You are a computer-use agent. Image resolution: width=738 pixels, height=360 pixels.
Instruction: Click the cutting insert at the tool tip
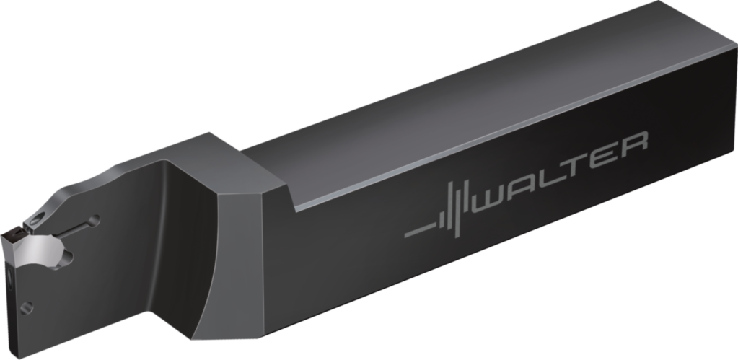(x=16, y=238)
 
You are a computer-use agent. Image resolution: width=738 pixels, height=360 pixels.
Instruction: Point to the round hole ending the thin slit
(x=92, y=219)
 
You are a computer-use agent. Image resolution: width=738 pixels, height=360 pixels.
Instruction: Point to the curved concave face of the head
(x=180, y=238)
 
